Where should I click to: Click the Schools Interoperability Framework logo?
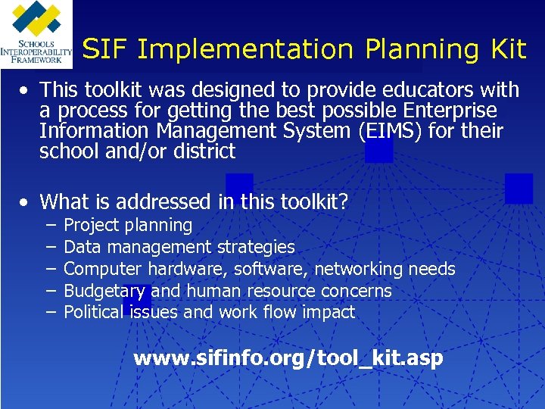click(36, 35)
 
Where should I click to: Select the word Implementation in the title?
click(245, 50)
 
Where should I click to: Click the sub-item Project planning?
click(128, 225)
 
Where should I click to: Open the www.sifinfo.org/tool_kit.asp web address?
click(288, 358)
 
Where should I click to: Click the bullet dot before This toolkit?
click(26, 91)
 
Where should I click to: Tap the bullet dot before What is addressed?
click(26, 202)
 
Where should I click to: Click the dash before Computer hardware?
click(50, 269)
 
